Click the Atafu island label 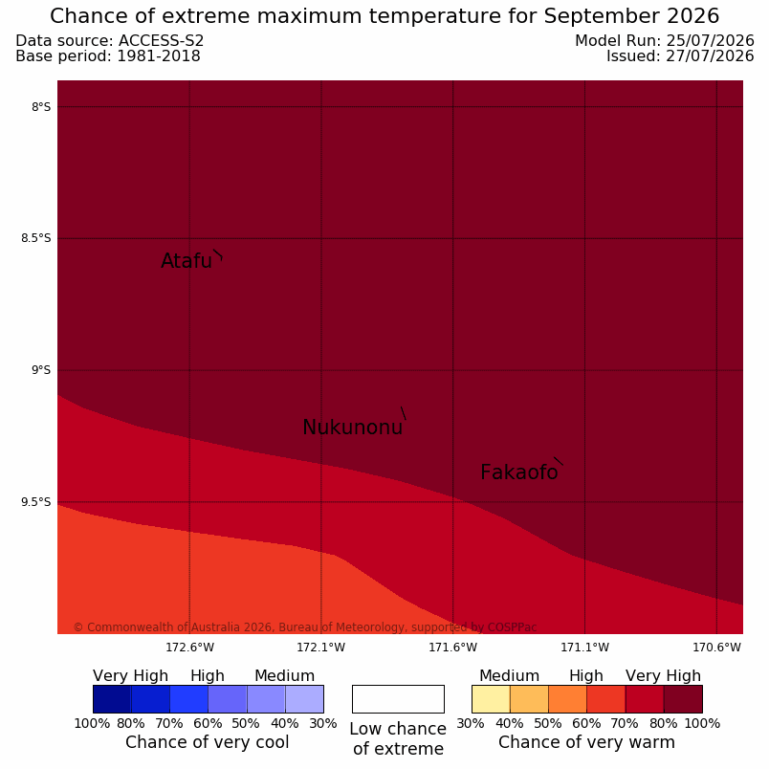click(187, 261)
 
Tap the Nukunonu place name click(353, 428)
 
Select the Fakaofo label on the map click(518, 472)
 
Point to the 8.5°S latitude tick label click(35, 238)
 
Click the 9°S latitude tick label click(41, 370)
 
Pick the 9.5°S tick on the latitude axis click(35, 502)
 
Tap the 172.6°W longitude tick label click(189, 648)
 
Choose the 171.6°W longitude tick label click(452, 648)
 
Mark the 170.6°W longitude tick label click(716, 648)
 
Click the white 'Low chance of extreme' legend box click(398, 699)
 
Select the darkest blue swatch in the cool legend click(112, 699)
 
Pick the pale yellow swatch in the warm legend click(491, 699)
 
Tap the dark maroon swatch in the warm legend click(683, 699)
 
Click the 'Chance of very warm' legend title click(586, 742)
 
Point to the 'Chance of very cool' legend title click(207, 742)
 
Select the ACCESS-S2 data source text click(161, 41)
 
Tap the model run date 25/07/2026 click(710, 41)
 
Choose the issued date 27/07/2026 click(710, 55)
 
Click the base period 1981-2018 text click(159, 55)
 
